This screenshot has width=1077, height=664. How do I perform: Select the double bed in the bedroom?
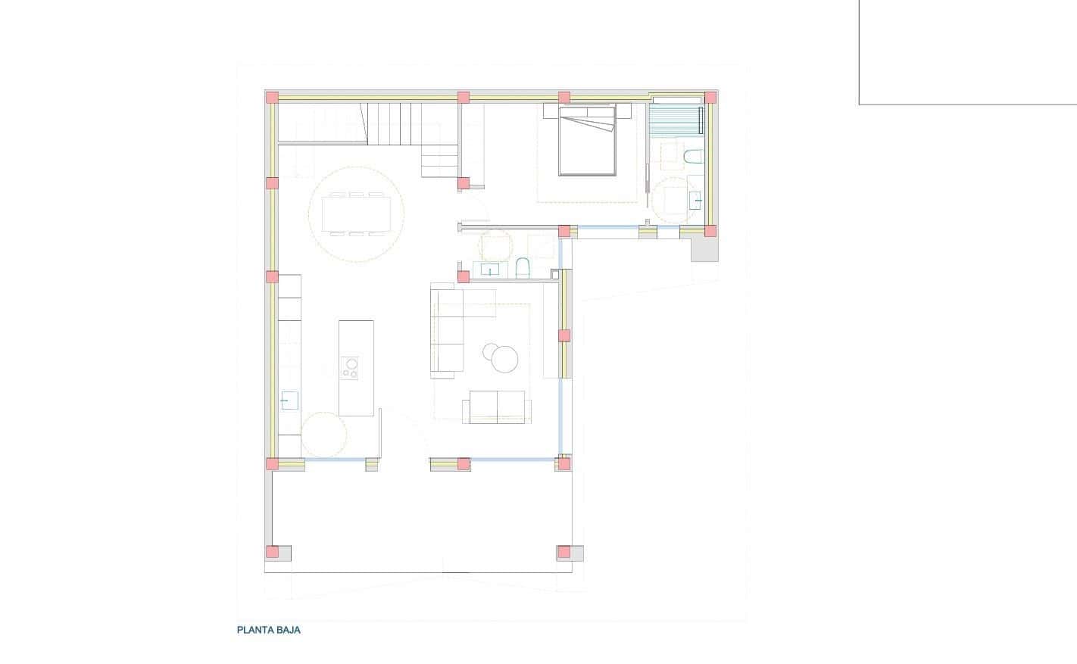tap(586, 145)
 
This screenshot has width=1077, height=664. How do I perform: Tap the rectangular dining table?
tap(356, 214)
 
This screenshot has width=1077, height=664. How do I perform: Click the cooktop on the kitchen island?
tap(350, 367)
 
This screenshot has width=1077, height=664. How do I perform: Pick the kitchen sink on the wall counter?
tap(289, 400)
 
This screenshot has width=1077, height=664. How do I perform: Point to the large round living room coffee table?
tap(505, 359)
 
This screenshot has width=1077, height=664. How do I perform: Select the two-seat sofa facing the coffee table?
tap(497, 407)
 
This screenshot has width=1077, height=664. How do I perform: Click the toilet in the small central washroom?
tap(522, 268)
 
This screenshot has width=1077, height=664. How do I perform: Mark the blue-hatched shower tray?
tap(676, 119)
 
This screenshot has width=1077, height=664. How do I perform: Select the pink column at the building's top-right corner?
tap(710, 98)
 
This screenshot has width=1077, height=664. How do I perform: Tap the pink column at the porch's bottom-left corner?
tap(272, 552)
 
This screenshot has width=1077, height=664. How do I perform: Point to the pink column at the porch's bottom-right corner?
tap(563, 552)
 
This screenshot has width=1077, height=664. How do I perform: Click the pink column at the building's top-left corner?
tap(271, 97)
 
